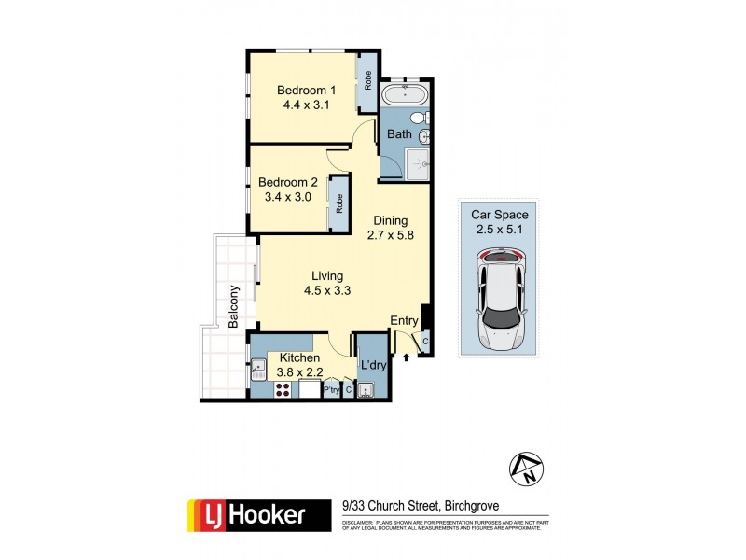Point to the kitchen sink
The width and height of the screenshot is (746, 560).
coord(257,371)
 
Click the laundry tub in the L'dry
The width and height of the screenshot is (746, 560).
coord(367,391)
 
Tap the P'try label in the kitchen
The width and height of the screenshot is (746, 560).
coord(331,390)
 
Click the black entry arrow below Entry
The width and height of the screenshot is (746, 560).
coord(407,356)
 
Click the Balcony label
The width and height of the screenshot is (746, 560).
coord(233,306)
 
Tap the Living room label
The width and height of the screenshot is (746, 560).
coord(327,275)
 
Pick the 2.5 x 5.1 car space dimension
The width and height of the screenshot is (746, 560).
coord(499,228)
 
